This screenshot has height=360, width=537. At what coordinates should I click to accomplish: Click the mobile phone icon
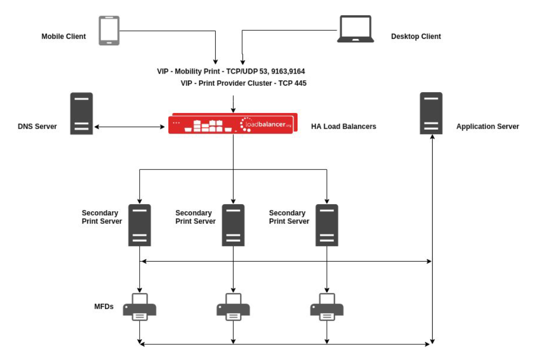coord(108,31)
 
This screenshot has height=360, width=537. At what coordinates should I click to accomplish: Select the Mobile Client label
coord(64,36)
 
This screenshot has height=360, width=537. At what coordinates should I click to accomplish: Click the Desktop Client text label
coord(416,36)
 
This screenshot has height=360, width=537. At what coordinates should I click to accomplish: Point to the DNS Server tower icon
coord(81,113)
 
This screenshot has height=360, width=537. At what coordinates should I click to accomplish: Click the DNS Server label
coord(37,127)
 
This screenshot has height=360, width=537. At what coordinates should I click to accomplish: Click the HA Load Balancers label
coord(343,127)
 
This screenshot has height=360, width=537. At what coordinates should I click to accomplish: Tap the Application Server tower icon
coord(431,113)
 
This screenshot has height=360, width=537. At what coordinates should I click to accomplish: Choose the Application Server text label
coord(487,127)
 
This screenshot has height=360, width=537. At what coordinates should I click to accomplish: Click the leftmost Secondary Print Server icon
coord(140,225)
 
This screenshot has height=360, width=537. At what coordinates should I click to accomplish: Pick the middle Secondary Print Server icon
coord(233,225)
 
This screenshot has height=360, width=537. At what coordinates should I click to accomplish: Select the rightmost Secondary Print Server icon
coord(327,225)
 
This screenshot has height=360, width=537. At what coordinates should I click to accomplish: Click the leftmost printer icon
coord(140,307)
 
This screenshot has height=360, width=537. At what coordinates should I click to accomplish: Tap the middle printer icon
coord(233,307)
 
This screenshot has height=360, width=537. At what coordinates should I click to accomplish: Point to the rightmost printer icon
coord(327,307)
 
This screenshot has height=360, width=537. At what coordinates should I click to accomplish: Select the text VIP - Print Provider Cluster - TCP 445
coord(244,83)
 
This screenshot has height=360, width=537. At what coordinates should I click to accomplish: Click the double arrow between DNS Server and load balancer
coord(131,127)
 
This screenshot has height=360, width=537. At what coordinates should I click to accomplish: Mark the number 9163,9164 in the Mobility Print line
coord(287,72)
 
